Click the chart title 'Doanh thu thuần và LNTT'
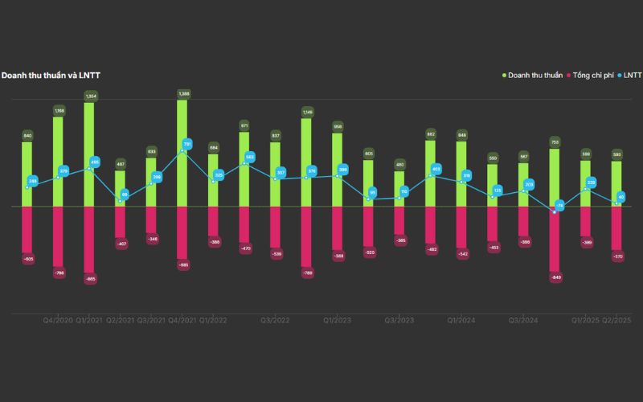[51, 76]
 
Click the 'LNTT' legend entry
[632, 76]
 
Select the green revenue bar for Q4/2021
[182, 153]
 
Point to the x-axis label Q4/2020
[59, 320]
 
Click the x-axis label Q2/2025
[616, 320]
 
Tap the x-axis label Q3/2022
[275, 320]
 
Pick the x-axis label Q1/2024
[461, 320]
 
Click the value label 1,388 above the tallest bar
[182, 94]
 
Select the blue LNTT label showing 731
[187, 145]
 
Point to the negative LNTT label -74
[560, 207]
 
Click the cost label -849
[555, 277]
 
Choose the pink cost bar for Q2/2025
[616, 228]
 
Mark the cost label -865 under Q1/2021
[90, 279]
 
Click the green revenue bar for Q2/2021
[120, 188]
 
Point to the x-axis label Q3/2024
[523, 320]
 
